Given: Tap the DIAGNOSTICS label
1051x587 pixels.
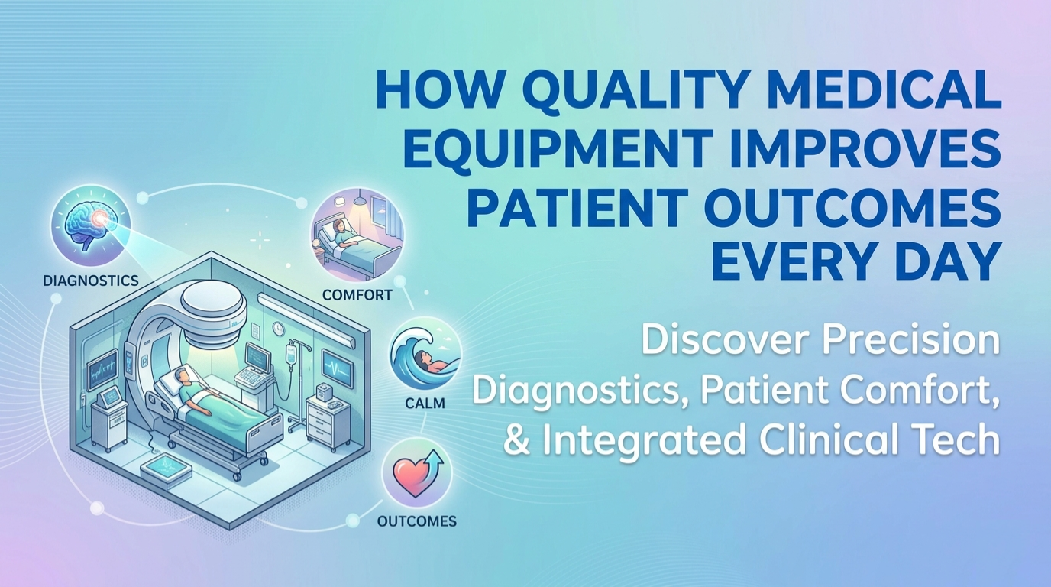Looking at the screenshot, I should (x=91, y=281).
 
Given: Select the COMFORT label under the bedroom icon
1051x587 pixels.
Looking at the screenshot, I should (x=357, y=294).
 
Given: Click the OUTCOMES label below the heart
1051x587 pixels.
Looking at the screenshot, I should (x=417, y=521).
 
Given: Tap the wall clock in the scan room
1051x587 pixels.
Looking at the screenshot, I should (x=278, y=328).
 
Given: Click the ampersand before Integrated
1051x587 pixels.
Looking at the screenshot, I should (x=517, y=441).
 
